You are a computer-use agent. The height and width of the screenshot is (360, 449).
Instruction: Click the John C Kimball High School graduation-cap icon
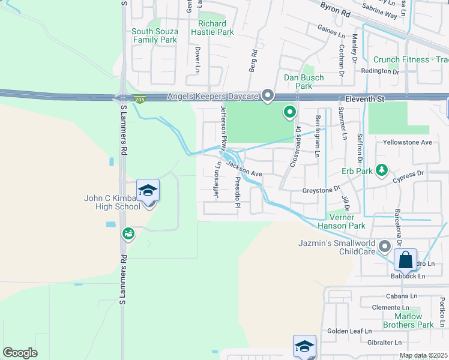point(148,191)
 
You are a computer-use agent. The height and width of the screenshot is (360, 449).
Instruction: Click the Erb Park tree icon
point(381,172)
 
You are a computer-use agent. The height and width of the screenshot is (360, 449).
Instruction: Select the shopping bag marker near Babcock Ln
point(406,260)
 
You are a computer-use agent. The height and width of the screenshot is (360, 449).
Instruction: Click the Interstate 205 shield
point(140,100)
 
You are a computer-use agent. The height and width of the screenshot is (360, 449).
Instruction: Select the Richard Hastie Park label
point(212,28)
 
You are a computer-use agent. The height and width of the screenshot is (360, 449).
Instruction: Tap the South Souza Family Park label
point(154,35)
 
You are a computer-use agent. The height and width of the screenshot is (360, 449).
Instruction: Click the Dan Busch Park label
point(304,82)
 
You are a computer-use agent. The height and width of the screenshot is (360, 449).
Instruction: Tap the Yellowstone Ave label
point(408,143)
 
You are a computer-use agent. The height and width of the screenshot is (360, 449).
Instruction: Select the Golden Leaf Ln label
point(349,331)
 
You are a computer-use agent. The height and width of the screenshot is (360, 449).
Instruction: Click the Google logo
point(20,352)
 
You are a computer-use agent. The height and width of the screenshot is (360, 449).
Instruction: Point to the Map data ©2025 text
point(423,355)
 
